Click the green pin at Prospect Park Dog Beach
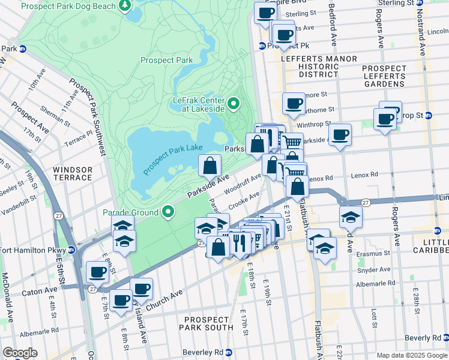[125, 5]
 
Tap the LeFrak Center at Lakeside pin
[234, 104]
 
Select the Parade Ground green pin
[169, 212]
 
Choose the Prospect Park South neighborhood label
[209, 323]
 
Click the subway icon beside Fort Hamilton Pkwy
[71, 250]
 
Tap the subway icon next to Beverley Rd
[229, 352]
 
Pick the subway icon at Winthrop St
[429, 115]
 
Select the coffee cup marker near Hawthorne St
[294, 104]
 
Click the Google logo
[20, 353]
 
